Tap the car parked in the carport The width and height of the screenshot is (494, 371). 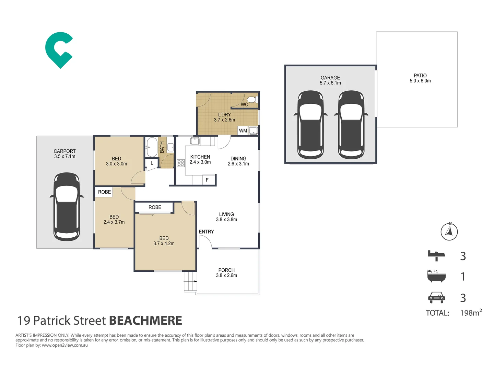[67, 206]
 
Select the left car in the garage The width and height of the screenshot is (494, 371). [310, 125]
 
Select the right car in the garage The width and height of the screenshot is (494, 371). [351, 125]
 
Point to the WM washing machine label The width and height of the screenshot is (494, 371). [243, 131]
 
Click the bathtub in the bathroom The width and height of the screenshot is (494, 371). [151, 147]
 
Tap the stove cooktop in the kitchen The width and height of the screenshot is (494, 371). [181, 163]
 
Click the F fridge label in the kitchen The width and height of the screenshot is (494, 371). [207, 180]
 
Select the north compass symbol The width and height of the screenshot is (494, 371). [449, 231]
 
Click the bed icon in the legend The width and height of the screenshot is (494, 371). [436, 256]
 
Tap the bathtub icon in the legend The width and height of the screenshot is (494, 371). [436, 276]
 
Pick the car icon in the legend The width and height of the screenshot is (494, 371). [436, 297]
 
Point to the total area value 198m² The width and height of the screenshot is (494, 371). [471, 313]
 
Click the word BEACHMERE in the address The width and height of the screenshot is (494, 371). [145, 321]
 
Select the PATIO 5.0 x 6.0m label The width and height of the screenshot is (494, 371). [420, 78]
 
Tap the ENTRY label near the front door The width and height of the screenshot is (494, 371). [206, 232]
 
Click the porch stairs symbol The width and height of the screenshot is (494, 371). [190, 282]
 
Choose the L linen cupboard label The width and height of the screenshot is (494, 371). [152, 163]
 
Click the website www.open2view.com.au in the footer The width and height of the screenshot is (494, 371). [64, 345]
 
